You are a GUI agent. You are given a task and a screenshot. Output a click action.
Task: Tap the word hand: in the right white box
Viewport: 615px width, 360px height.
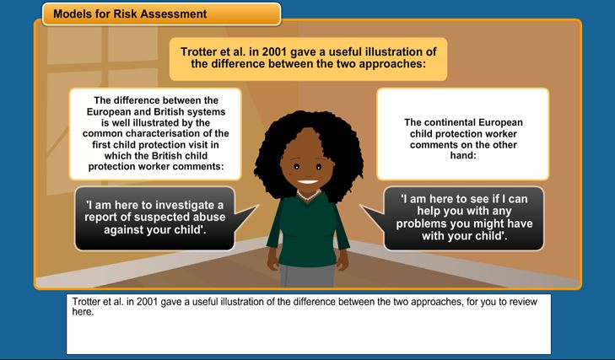[463, 155]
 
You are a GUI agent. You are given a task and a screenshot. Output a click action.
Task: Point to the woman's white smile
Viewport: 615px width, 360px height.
[307, 182]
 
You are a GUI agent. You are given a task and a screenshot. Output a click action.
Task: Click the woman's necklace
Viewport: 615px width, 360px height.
[308, 196]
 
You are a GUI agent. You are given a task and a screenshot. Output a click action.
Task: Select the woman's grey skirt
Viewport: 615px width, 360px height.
[307, 276]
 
